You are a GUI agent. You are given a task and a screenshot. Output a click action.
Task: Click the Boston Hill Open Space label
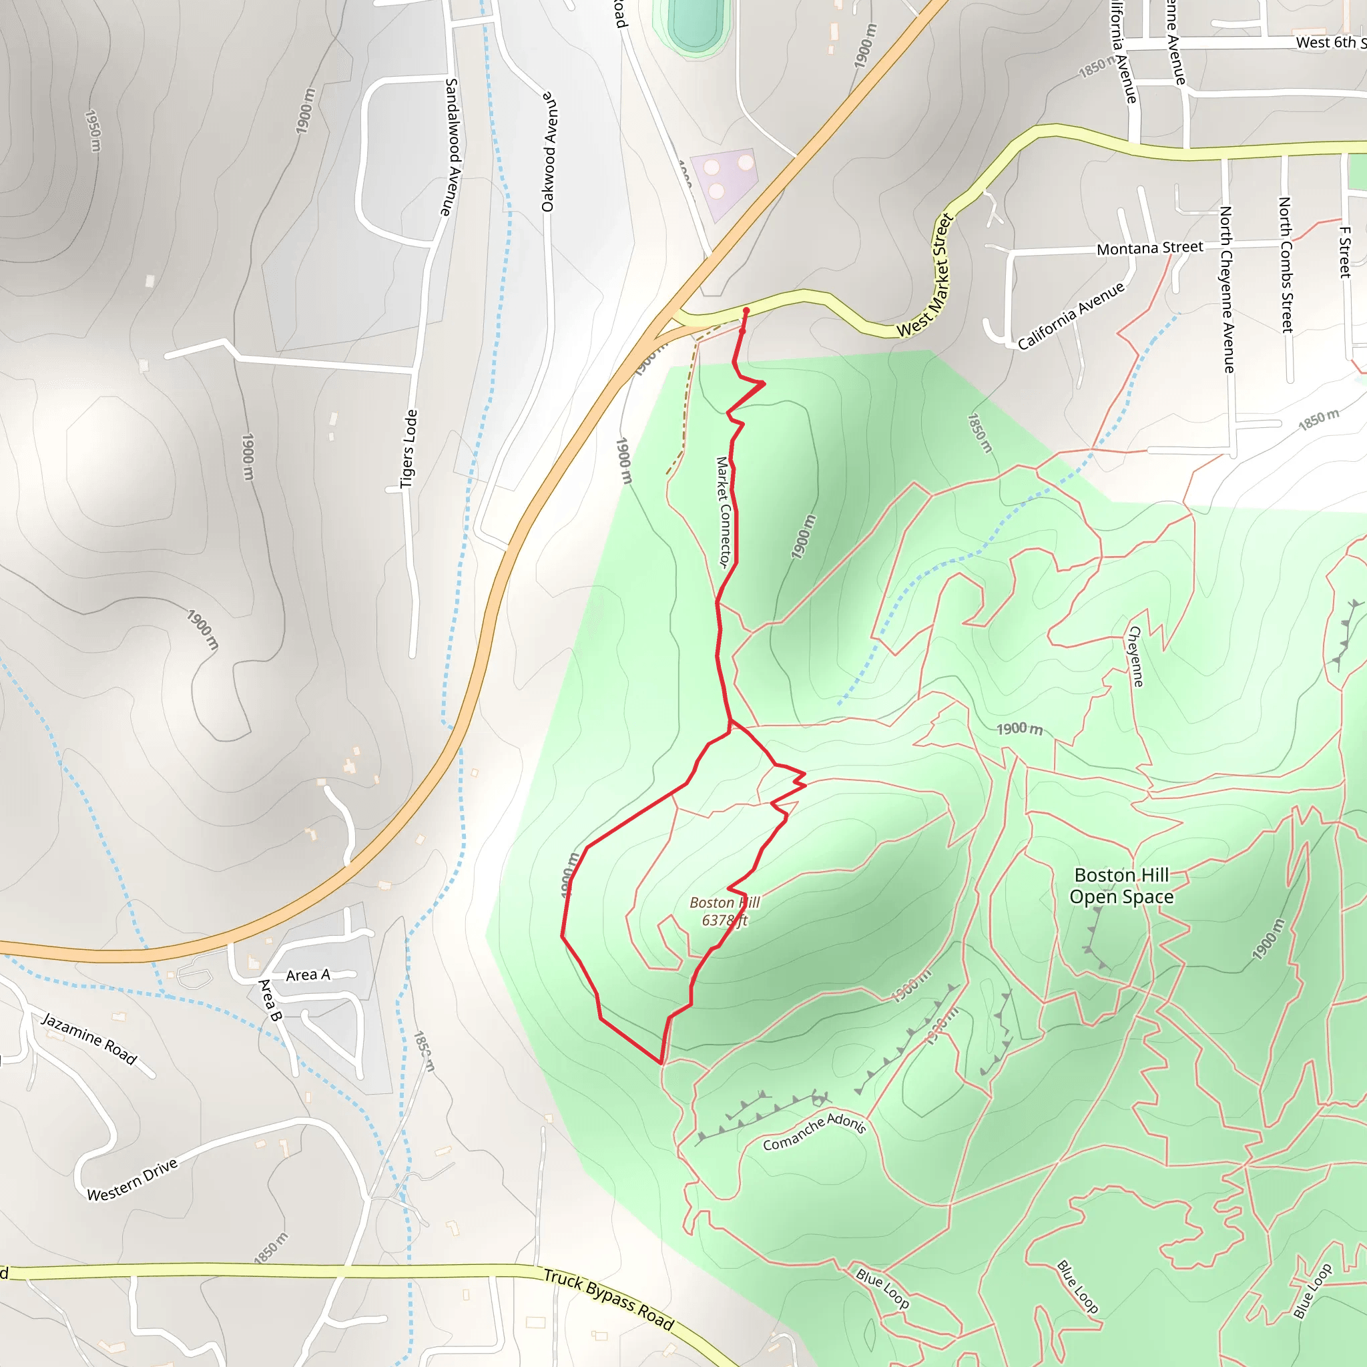pyautogui.click(x=1121, y=886)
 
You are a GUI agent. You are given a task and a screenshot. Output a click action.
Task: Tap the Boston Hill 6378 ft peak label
pyautogui.click(x=724, y=911)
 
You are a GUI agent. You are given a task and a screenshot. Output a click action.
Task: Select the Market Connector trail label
pyautogui.click(x=722, y=511)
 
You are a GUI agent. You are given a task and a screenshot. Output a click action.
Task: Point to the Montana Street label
pyautogui.click(x=1149, y=248)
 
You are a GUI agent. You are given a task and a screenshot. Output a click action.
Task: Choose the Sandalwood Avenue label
pyautogui.click(x=451, y=147)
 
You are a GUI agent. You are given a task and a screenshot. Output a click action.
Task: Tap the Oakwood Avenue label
pyautogui.click(x=549, y=152)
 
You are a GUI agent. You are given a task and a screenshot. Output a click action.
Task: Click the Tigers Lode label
pyautogui.click(x=408, y=449)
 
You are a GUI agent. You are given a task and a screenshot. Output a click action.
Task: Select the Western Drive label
pyautogui.click(x=132, y=1179)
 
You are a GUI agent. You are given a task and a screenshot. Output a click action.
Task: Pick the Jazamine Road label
pyautogui.click(x=89, y=1038)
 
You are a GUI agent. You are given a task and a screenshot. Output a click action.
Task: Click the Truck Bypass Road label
pyautogui.click(x=609, y=1299)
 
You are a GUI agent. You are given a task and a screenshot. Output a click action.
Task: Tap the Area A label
pyautogui.click(x=308, y=975)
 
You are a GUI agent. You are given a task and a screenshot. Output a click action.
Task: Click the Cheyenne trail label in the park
pyautogui.click(x=1135, y=656)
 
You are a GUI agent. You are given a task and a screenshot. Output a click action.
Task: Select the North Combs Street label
pyautogui.click(x=1286, y=264)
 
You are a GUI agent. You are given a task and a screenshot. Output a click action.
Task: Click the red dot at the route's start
pyautogui.click(x=746, y=310)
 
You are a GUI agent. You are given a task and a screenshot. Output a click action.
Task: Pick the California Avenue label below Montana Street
pyautogui.click(x=1071, y=316)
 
